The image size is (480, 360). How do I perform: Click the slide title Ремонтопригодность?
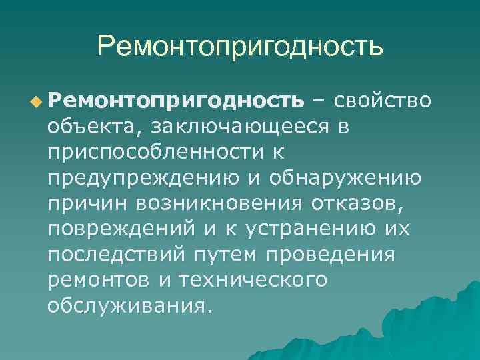click(240, 47)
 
